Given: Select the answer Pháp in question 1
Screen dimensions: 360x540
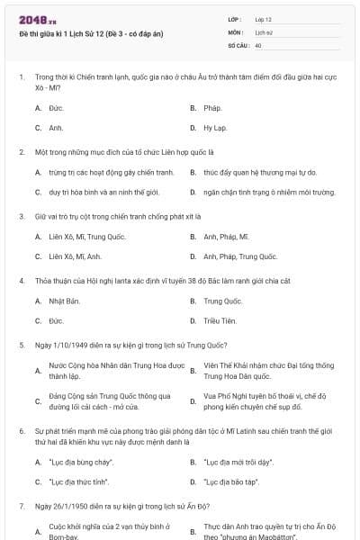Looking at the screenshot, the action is (x=212, y=108).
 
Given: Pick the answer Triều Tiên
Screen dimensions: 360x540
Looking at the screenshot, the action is (x=218, y=320).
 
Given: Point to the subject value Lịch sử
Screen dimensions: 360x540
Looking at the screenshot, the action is (x=263, y=31).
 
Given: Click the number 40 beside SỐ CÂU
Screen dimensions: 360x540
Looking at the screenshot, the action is (x=258, y=44).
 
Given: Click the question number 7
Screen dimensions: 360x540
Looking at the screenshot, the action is (x=21, y=506).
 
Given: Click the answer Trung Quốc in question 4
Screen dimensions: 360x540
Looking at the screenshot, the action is (x=222, y=301).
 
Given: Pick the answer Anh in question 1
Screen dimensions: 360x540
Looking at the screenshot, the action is (x=55, y=128).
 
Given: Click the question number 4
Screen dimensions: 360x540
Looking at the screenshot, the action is (x=21, y=281).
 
